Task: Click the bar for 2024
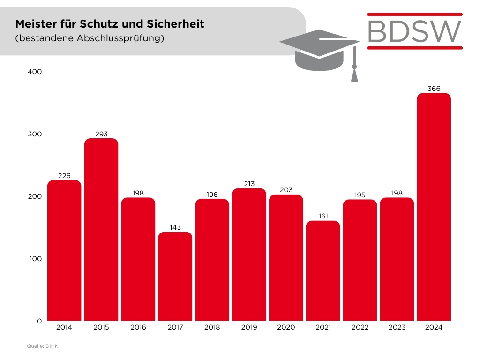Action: [x=434, y=206]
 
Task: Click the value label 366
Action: [x=434, y=89]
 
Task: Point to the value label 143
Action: [x=175, y=227]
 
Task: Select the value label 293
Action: [x=101, y=134]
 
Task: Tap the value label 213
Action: [x=249, y=184]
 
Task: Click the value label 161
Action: [x=323, y=216]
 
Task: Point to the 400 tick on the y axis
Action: [x=36, y=72]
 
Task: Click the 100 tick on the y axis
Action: [x=36, y=259]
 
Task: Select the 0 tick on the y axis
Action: [x=39, y=321]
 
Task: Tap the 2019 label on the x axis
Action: [x=249, y=327]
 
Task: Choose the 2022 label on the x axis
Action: [x=360, y=327]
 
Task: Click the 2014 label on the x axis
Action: [x=64, y=327]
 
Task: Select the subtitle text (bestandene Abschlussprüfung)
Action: [x=90, y=38]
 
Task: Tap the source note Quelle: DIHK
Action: [x=42, y=346]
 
